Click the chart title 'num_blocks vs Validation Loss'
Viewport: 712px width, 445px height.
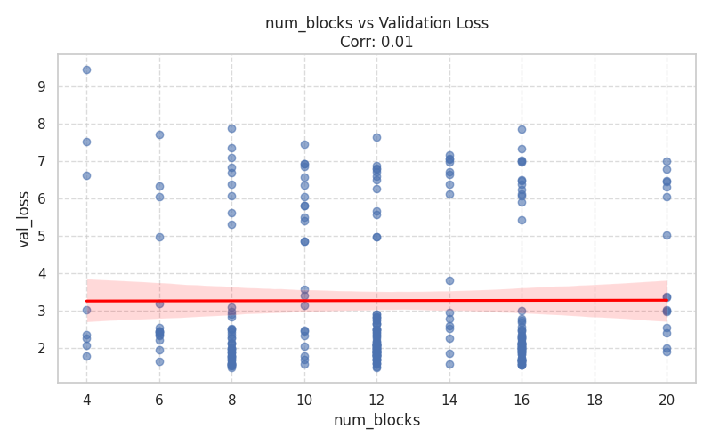click(x=376, y=23)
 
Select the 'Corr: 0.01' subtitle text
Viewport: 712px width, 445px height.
click(x=376, y=42)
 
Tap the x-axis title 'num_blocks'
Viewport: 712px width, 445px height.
click(x=376, y=420)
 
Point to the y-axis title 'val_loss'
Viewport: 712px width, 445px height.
click(x=24, y=218)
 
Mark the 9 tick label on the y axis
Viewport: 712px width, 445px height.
click(x=41, y=87)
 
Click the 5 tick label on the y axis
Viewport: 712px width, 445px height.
click(x=41, y=237)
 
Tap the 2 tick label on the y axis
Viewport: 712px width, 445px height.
click(x=41, y=349)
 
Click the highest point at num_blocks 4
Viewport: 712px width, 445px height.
click(x=86, y=69)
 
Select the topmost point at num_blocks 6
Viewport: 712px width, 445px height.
click(x=159, y=134)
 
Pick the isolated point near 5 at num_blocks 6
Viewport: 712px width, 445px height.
click(x=159, y=237)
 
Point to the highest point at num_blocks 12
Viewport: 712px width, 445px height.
click(x=376, y=137)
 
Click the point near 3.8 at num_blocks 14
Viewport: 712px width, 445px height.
click(x=449, y=280)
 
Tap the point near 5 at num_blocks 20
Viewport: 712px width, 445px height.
click(x=667, y=235)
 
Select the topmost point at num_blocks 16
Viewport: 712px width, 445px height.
click(x=522, y=129)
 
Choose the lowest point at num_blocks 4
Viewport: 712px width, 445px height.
click(x=86, y=356)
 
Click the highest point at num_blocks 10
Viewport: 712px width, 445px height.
click(x=304, y=144)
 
